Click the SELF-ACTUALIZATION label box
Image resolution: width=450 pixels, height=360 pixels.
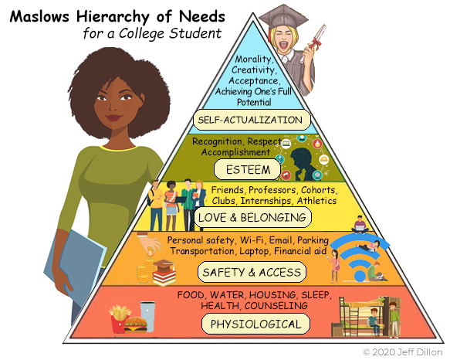(x=252, y=120)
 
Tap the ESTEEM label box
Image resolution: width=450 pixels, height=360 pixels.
(x=248, y=169)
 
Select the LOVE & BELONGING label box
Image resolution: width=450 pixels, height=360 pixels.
(x=252, y=217)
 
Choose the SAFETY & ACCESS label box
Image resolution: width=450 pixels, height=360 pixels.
(x=252, y=272)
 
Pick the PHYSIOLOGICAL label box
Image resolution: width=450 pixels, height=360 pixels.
(x=255, y=324)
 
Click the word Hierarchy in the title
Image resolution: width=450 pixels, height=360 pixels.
(x=113, y=17)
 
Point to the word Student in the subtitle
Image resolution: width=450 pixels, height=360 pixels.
(x=195, y=33)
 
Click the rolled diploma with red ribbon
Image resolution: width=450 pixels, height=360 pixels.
(x=313, y=43)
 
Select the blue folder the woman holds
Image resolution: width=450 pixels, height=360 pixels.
(x=75, y=265)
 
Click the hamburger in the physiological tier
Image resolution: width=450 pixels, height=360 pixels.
(x=135, y=325)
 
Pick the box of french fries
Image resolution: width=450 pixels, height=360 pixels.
(x=120, y=318)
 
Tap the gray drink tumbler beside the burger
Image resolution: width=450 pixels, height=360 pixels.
(x=147, y=316)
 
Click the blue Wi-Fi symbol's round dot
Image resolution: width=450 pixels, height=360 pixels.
(x=360, y=276)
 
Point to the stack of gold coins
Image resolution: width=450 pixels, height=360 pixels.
(x=145, y=270)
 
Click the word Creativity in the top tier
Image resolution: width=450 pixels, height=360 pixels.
(x=254, y=70)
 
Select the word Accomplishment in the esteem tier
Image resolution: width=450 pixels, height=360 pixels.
(x=235, y=152)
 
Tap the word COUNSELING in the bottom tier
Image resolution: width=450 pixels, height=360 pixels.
(x=276, y=306)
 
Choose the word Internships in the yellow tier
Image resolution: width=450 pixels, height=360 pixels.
(x=266, y=201)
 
